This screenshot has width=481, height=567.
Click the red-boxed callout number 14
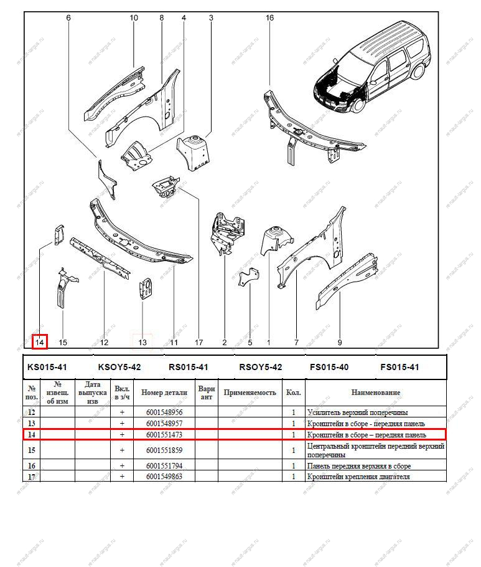pos(40,342)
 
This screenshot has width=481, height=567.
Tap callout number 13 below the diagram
pos(142,342)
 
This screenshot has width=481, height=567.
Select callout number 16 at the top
pos(269,18)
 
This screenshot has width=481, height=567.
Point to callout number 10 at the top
pos(134,18)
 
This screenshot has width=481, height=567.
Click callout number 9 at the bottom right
pos(340,342)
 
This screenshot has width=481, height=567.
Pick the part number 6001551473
pos(164,434)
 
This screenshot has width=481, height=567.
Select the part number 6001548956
pos(164,412)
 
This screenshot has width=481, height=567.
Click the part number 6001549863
pos(164,477)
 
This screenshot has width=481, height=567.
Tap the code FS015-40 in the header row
pos(329,367)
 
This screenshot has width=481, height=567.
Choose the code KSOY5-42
pos(119,367)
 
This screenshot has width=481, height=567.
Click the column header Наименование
pos(375,393)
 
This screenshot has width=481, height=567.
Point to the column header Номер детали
pos(164,393)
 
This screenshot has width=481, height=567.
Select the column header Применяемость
pos(250,393)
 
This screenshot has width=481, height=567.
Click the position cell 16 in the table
pos(32,466)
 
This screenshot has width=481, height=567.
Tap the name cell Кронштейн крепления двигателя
pos(358,477)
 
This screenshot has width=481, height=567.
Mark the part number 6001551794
pos(164,466)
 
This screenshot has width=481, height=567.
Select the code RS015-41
pos(188,367)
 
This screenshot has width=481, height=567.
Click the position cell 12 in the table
pos(32,412)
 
